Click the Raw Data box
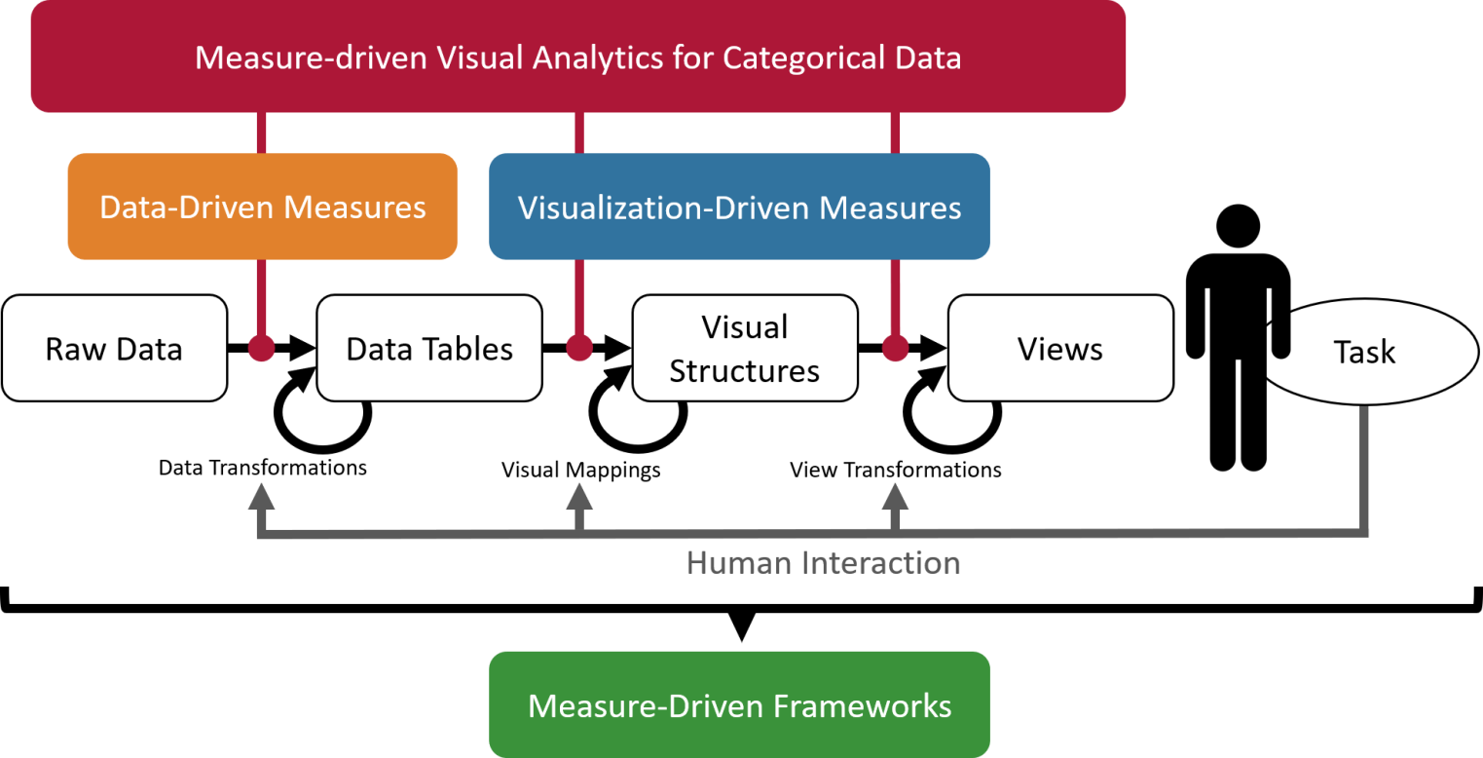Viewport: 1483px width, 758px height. [x=114, y=348]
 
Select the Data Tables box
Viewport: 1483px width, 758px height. [x=429, y=348]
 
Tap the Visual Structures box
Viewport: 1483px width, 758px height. [x=745, y=348]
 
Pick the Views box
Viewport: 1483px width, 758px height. [x=1060, y=348]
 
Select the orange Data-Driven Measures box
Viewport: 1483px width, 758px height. [x=262, y=207]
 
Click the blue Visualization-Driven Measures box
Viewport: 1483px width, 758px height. [x=739, y=207]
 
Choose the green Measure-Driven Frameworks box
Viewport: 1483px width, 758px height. [x=739, y=704]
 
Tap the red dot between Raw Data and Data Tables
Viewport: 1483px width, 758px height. [x=261, y=348]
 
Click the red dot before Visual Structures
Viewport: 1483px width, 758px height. [x=579, y=348]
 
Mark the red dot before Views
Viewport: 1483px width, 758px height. [x=895, y=348]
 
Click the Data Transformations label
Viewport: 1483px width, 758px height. [x=263, y=468]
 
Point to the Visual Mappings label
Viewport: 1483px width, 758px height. [x=581, y=471]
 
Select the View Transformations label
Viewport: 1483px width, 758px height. [x=896, y=471]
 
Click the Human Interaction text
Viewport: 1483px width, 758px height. [x=823, y=563]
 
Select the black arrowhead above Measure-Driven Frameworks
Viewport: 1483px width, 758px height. [x=740, y=627]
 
